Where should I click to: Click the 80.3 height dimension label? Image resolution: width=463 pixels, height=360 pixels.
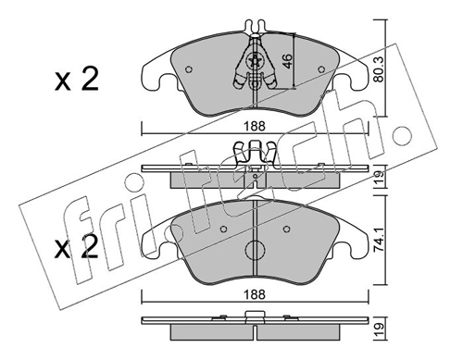pos(379,69)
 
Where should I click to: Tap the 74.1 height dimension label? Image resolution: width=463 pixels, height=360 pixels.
pos(379,241)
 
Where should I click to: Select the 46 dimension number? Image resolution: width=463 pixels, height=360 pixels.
pos(287,61)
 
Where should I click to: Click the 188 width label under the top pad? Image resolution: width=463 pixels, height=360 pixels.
pos(255,126)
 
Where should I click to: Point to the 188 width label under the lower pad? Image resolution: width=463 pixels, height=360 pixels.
pos(255,295)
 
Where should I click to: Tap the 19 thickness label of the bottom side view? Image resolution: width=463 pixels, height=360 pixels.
pos(379,329)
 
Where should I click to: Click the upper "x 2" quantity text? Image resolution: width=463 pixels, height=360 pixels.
pos(77,80)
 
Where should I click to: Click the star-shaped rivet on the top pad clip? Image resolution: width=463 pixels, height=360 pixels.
pos(256,61)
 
